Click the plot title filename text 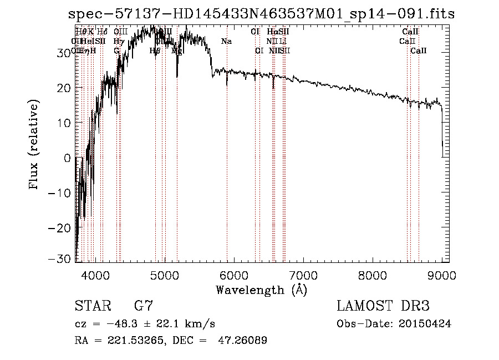click(x=261, y=14)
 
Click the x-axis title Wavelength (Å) click(x=261, y=290)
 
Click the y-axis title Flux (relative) click(x=34, y=145)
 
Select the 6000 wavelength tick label click(x=233, y=274)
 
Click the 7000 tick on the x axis click(x=303, y=274)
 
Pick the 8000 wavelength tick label click(x=373, y=274)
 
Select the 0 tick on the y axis click(x=68, y=158)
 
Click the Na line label click(x=226, y=41)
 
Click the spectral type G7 click(x=143, y=306)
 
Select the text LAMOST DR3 click(x=383, y=306)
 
